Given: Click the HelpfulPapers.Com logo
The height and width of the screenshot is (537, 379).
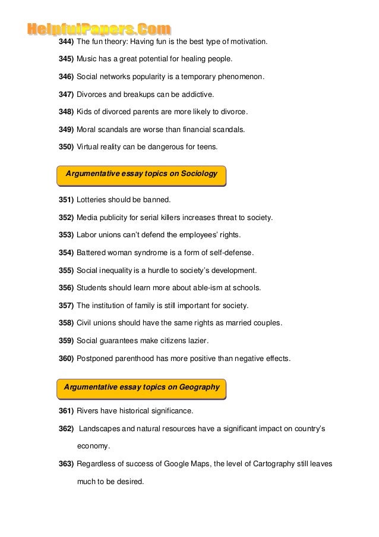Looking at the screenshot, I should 99,29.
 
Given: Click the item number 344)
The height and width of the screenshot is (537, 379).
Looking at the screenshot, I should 66,43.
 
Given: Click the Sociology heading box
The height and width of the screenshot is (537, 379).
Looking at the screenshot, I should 141,174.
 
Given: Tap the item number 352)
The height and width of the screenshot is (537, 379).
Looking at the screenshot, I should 66,217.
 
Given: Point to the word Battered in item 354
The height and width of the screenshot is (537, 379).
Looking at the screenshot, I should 92,252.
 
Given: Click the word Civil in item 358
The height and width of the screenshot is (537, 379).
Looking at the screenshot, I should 85,323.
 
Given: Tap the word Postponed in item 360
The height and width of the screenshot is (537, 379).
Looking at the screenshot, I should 97,359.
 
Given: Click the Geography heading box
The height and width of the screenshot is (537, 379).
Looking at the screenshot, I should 142,387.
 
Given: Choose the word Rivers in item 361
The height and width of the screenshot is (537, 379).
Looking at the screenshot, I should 89,411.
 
